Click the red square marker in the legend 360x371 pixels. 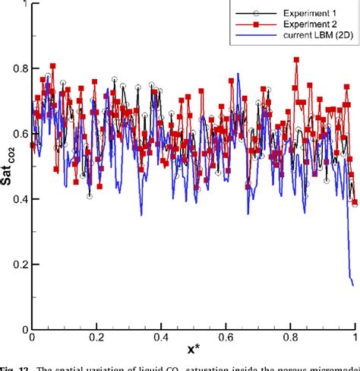[x=255, y=26]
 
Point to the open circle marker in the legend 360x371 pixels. [x=255, y=13]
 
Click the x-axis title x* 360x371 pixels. [x=193, y=350]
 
